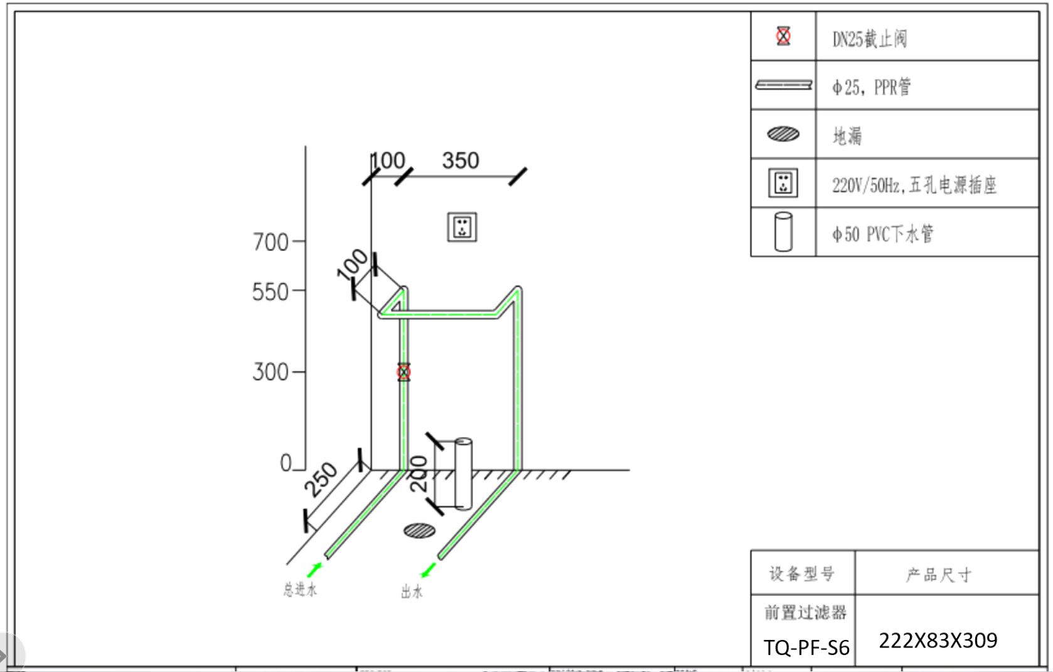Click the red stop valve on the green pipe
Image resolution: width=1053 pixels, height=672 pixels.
[404, 372]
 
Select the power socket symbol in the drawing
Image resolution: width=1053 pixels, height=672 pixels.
[462, 227]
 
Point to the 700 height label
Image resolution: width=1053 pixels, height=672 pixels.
[270, 242]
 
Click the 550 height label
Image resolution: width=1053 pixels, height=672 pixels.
[270, 292]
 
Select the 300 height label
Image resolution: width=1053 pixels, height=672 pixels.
[270, 372]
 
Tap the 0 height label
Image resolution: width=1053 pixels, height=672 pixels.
[286, 463]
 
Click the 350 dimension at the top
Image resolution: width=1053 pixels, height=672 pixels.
[461, 161]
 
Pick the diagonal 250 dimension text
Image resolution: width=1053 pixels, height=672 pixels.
[320, 480]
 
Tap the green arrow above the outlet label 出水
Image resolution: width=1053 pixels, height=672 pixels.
[429, 570]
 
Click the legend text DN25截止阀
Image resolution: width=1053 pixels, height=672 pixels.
[869, 39]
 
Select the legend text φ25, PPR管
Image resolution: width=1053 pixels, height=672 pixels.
[871, 87]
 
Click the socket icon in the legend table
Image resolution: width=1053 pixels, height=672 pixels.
[783, 183]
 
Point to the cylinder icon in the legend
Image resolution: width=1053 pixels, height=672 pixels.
[783, 232]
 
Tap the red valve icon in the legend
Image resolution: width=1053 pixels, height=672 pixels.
[783, 36]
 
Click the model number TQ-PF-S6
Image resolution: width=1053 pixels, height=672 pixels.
[806, 648]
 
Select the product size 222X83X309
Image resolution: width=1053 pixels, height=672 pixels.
[938, 640]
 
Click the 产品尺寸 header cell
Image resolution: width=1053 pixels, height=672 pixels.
[939, 574]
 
